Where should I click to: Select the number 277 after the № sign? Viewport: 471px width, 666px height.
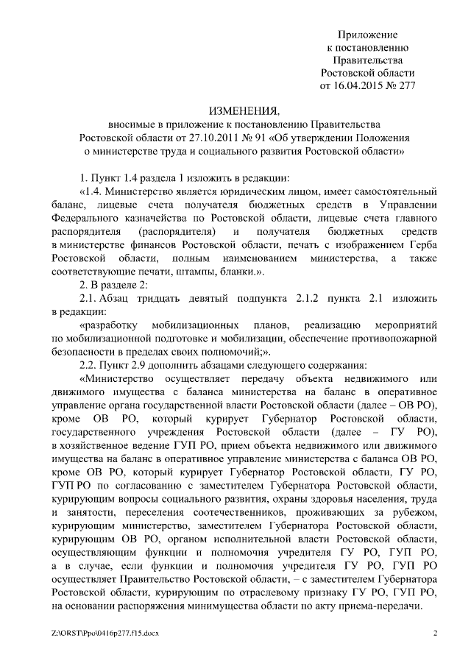(407, 85)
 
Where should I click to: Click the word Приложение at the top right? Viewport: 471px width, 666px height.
(366, 35)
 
